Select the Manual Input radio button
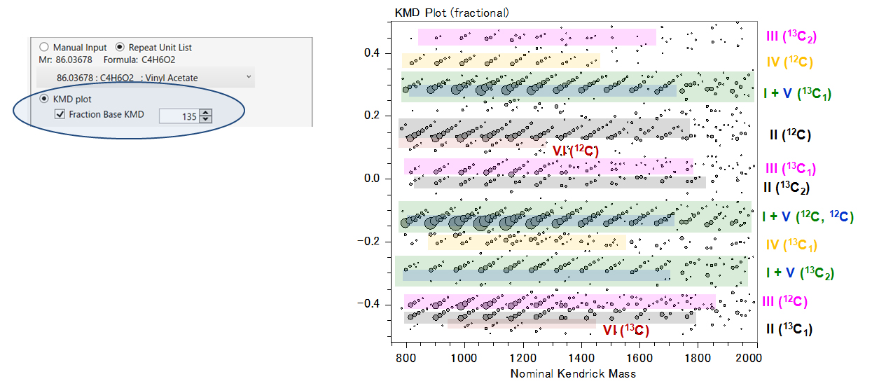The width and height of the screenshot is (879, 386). [x=44, y=47]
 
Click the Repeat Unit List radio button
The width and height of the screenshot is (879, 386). [x=120, y=47]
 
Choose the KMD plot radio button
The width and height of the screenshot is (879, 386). [x=44, y=99]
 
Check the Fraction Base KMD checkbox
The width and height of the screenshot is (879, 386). [x=60, y=114]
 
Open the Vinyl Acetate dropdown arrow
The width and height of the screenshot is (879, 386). [x=249, y=76]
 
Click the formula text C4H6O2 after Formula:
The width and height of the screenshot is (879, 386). [x=157, y=60]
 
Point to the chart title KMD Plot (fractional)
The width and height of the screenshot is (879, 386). [x=452, y=13]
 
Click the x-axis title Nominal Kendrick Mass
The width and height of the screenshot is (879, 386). [x=573, y=373]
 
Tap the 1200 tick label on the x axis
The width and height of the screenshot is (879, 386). [x=523, y=358]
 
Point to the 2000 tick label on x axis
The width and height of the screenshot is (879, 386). [x=749, y=358]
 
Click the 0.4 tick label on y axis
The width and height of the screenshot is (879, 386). [x=372, y=53]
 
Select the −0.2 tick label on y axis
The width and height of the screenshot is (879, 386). [x=368, y=241]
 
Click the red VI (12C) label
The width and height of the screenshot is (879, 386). [x=575, y=151]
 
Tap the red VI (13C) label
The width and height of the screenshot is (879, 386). [x=626, y=330]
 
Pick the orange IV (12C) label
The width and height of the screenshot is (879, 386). [x=789, y=62]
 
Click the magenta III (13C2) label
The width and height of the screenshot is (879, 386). [x=791, y=36]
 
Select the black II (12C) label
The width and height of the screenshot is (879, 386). [x=790, y=135]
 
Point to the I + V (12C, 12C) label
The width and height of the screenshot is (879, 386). [x=808, y=216]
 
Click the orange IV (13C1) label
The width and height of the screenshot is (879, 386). [x=791, y=245]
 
